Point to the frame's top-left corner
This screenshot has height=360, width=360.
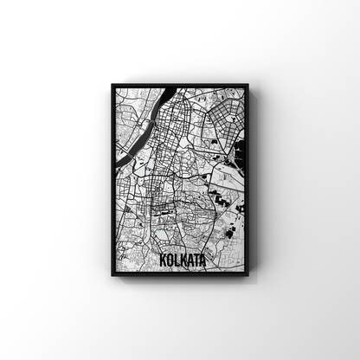112,85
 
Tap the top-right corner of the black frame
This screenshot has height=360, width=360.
248,85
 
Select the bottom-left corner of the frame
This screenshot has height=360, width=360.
112,277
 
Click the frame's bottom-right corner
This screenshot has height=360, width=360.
248,277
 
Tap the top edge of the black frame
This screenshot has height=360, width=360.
180,86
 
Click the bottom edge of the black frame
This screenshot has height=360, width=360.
180,276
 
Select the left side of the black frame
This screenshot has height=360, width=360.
112,181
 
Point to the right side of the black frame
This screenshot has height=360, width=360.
247,181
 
